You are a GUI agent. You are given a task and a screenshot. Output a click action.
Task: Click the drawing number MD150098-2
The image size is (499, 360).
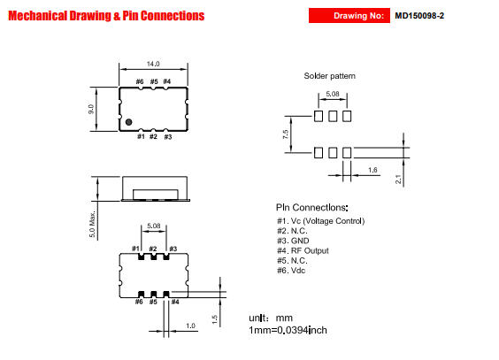pyautogui.click(x=419, y=16)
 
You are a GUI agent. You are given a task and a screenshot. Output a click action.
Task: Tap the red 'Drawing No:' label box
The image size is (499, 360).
pyautogui.click(x=349, y=16)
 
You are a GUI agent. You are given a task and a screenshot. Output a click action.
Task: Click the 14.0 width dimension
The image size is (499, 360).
pyautogui.click(x=153, y=64)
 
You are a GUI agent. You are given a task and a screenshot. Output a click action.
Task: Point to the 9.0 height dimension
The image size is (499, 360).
pyautogui.click(x=91, y=109)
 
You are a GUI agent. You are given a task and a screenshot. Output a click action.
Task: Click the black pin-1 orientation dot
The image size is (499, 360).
pyautogui.click(x=128, y=122)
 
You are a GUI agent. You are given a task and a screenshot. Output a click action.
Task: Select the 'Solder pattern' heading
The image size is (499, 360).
pyautogui.click(x=330, y=76)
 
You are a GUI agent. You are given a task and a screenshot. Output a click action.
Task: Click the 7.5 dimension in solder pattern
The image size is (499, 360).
pyautogui.click(x=286, y=134)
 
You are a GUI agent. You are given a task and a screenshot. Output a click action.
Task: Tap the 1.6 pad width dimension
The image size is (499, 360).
pyautogui.click(x=372, y=170)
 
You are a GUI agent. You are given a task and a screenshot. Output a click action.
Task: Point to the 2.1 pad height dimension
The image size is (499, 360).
pyautogui.click(x=398, y=180)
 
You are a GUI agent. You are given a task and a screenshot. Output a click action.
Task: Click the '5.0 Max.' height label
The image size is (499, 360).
pyautogui.click(x=92, y=224)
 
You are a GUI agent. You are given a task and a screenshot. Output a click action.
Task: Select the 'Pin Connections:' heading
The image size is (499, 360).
pyautogui.click(x=311, y=208)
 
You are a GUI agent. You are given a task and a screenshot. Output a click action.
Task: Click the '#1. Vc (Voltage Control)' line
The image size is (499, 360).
pyautogui.click(x=321, y=221)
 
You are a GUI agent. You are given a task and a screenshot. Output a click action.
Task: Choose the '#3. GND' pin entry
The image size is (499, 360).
pyautogui.click(x=293, y=241)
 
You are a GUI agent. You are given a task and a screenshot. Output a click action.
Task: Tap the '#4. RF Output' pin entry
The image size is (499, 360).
pyautogui.click(x=303, y=250)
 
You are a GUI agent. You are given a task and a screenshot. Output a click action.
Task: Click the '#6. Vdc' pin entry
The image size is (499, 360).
pyautogui.click(x=291, y=271)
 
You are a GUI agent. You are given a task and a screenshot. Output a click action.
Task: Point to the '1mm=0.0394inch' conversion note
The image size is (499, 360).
pyautogui.click(x=288, y=330)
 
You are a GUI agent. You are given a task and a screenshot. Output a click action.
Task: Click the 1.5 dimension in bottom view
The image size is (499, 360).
pyautogui.click(x=214, y=319)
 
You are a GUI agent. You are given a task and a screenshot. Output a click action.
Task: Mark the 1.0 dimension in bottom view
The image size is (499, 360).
pyautogui.click(x=190, y=326)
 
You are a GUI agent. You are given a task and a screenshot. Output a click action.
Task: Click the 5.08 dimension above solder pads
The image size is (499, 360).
pyautogui.click(x=333, y=94)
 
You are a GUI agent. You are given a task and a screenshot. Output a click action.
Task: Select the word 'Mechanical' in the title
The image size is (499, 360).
pyautogui.click(x=37, y=16)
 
